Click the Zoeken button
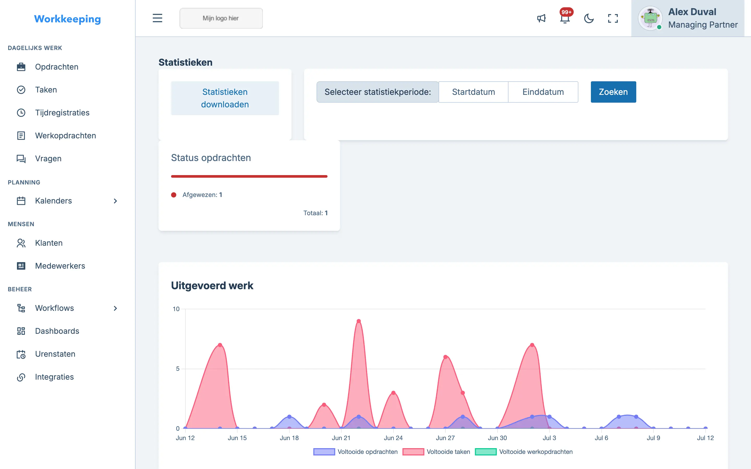click(613, 92)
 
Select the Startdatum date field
click(473, 92)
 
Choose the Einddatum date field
click(543, 92)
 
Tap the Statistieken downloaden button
click(225, 98)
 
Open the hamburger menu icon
click(157, 18)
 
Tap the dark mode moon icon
click(589, 18)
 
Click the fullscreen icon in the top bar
click(613, 18)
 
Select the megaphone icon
click(541, 18)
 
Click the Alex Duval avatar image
click(650, 18)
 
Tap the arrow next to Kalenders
click(116, 201)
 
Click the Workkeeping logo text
click(67, 19)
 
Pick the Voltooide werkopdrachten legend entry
click(524, 452)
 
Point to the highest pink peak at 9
click(359, 321)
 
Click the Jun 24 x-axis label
click(393, 438)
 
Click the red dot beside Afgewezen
click(174, 195)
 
